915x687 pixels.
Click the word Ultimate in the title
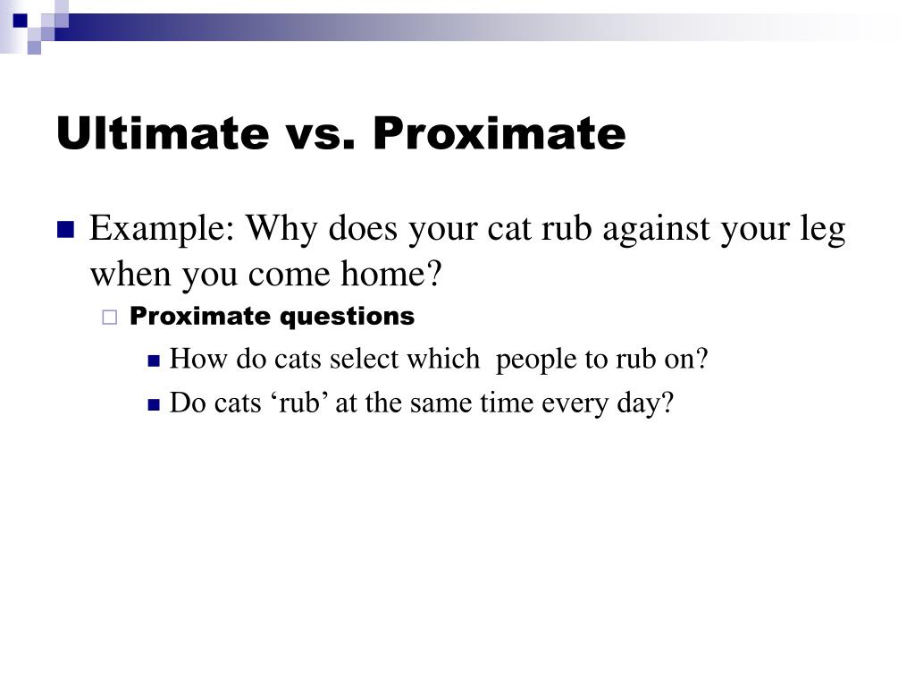tap(162, 134)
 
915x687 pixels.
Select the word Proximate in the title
tap(499, 134)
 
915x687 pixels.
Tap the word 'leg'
tap(822, 232)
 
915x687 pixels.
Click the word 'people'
tap(537, 360)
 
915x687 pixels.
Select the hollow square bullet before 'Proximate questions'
tap(110, 317)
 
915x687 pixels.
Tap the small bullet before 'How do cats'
tap(153, 360)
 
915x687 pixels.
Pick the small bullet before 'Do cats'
tap(153, 404)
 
